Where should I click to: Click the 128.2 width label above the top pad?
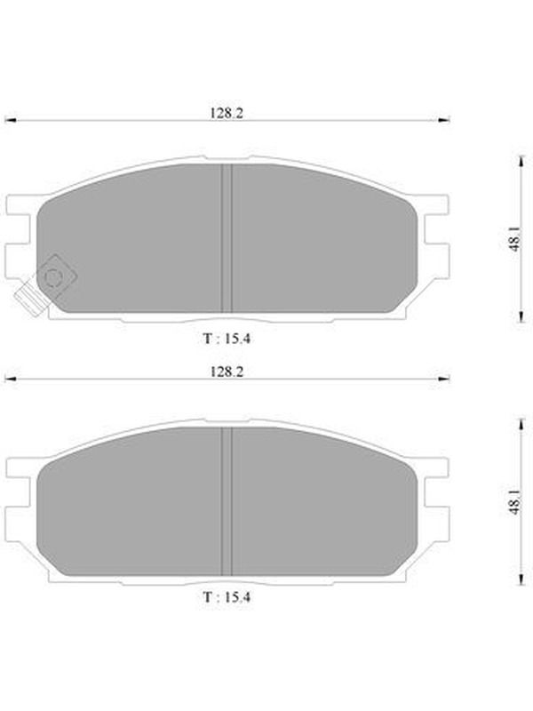[x=227, y=113]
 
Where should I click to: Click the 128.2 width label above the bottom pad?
[x=227, y=371]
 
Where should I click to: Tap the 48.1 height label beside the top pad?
[x=515, y=239]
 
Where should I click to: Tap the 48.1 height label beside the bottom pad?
[x=515, y=502]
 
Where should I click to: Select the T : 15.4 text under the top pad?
[x=227, y=339]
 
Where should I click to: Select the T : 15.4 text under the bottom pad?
[x=227, y=597]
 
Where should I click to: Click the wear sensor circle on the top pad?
[x=53, y=277]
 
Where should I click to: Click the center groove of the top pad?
[x=227, y=238]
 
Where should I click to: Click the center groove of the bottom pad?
[x=227, y=501]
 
